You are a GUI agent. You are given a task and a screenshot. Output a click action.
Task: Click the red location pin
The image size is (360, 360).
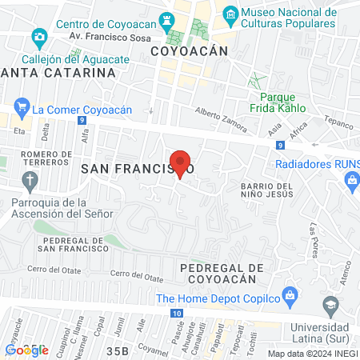[x=181, y=163]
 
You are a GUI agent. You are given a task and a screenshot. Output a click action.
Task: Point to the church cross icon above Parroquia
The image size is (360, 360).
[x=30, y=181]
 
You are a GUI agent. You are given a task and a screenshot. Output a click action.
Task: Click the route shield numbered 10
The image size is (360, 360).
[x=174, y=313]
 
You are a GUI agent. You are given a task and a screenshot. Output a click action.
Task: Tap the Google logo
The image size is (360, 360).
[x=26, y=350]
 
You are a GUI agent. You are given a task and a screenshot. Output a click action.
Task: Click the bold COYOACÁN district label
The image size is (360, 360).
[x=190, y=50]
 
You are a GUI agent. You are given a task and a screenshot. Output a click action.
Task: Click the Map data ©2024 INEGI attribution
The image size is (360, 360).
[x=311, y=354]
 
